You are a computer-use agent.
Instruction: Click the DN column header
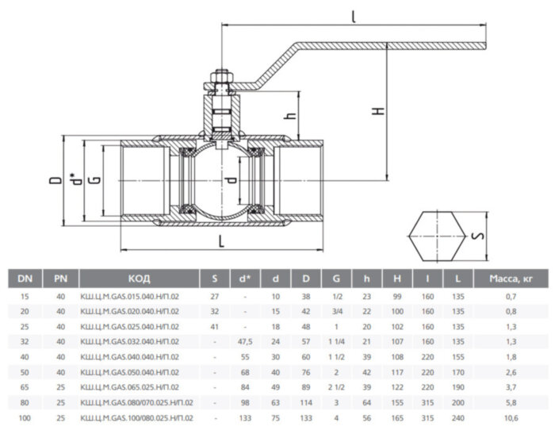(x=26, y=279)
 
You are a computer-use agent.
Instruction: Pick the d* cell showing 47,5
(x=244, y=340)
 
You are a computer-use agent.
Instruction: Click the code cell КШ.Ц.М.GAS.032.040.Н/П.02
(x=130, y=340)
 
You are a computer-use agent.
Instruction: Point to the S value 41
(x=213, y=325)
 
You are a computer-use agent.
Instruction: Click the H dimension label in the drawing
(x=379, y=111)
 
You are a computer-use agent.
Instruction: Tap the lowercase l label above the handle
(x=352, y=14)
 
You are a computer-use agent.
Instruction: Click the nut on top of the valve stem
(x=219, y=80)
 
